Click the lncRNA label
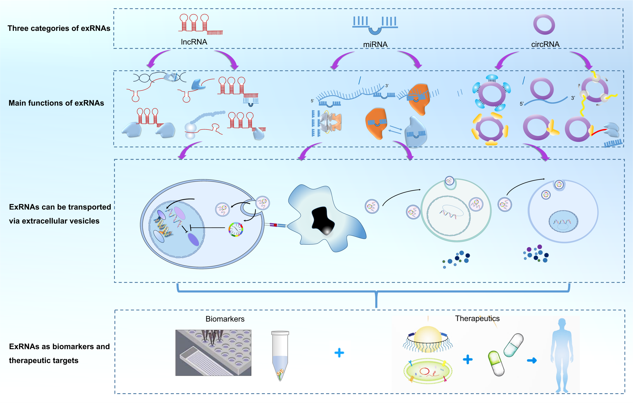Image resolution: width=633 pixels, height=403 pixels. [194, 42]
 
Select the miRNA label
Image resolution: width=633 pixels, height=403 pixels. [375, 44]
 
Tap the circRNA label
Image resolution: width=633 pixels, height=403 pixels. [545, 44]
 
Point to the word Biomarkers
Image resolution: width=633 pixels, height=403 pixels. [225, 319]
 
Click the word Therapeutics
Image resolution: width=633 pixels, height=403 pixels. [477, 318]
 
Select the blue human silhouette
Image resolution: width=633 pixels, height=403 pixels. [562, 355]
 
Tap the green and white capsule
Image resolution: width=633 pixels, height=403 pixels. [496, 363]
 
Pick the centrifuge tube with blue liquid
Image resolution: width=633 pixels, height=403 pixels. [280, 355]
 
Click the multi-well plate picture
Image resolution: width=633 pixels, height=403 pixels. [213, 353]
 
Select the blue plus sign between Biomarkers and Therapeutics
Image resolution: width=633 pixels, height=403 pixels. [339, 353]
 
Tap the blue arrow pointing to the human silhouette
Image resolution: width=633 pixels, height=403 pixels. [532, 360]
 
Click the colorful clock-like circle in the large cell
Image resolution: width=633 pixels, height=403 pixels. [236, 230]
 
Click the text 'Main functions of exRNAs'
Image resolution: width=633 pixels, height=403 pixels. [56, 103]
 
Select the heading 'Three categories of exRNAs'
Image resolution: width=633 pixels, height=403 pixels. [59, 28]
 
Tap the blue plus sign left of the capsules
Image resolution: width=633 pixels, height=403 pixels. [468, 359]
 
